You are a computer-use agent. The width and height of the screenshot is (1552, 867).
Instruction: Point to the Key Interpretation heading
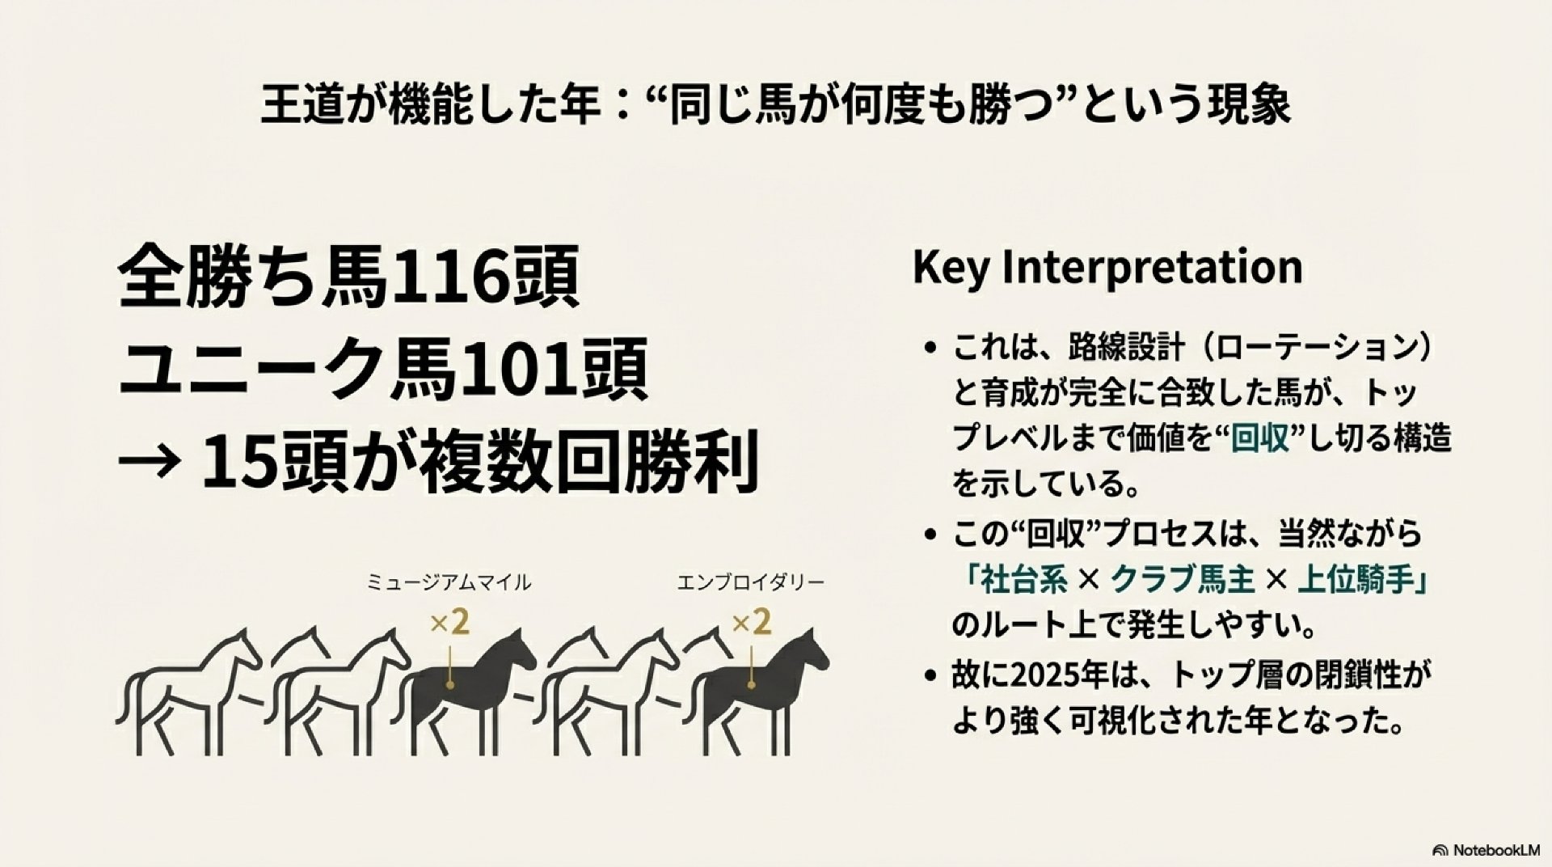point(1107,267)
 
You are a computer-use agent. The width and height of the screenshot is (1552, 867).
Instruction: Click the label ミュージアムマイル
point(449,582)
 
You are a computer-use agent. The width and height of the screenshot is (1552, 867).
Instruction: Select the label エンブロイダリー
point(751,582)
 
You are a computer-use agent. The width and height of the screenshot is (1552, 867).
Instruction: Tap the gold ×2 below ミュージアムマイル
point(450,624)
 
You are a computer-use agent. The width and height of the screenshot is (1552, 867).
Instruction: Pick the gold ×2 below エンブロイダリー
point(752,624)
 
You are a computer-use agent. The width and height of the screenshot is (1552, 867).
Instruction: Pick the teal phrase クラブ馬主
point(1183,580)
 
